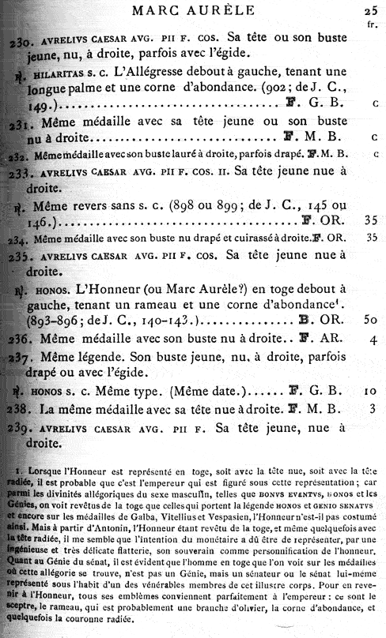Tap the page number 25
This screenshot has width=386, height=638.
tap(372, 9)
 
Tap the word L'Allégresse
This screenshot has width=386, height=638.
tap(157, 72)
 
